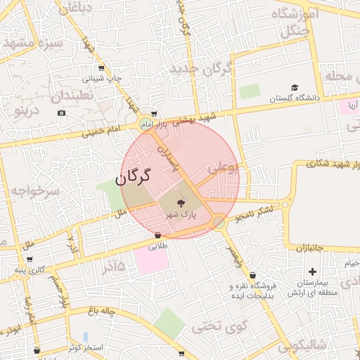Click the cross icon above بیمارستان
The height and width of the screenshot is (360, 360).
pyautogui.click(x=312, y=271)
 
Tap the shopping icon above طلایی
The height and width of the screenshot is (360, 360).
pyautogui.click(x=157, y=236)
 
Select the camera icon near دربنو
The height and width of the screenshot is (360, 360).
pyautogui.click(x=62, y=113)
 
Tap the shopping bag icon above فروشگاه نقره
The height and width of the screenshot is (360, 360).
pyautogui.click(x=252, y=275)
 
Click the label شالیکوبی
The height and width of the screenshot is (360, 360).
pyautogui.click(x=302, y=345)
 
